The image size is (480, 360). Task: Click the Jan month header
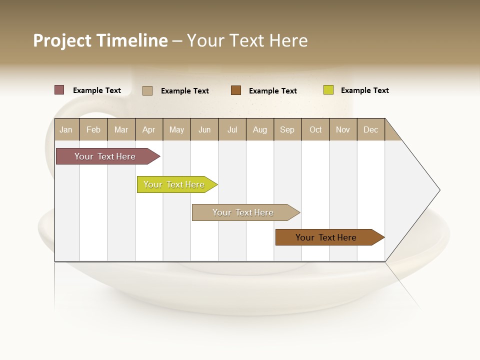tap(66, 129)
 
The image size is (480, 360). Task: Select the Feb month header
tap(93, 129)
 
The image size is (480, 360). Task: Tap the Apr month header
tap(149, 129)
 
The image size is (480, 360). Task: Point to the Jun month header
tap(204, 129)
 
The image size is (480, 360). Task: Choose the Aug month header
tap(260, 129)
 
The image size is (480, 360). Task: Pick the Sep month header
tap(287, 129)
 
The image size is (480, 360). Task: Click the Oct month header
tap(315, 129)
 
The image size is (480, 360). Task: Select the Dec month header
tap(371, 129)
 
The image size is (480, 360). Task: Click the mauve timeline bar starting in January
tap(105, 156)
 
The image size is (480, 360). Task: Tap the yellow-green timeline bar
tap(174, 184)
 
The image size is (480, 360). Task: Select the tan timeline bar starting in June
tap(243, 212)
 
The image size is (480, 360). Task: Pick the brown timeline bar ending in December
tap(326, 237)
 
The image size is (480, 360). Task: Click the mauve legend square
tap(59, 90)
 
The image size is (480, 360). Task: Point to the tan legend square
tap(147, 90)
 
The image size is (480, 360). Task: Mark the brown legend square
tap(236, 90)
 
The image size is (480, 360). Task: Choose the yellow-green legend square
tap(328, 90)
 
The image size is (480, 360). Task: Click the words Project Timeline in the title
tap(100, 40)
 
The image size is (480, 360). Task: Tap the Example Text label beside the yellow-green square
tap(365, 90)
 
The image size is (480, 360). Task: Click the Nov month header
tap(343, 129)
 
